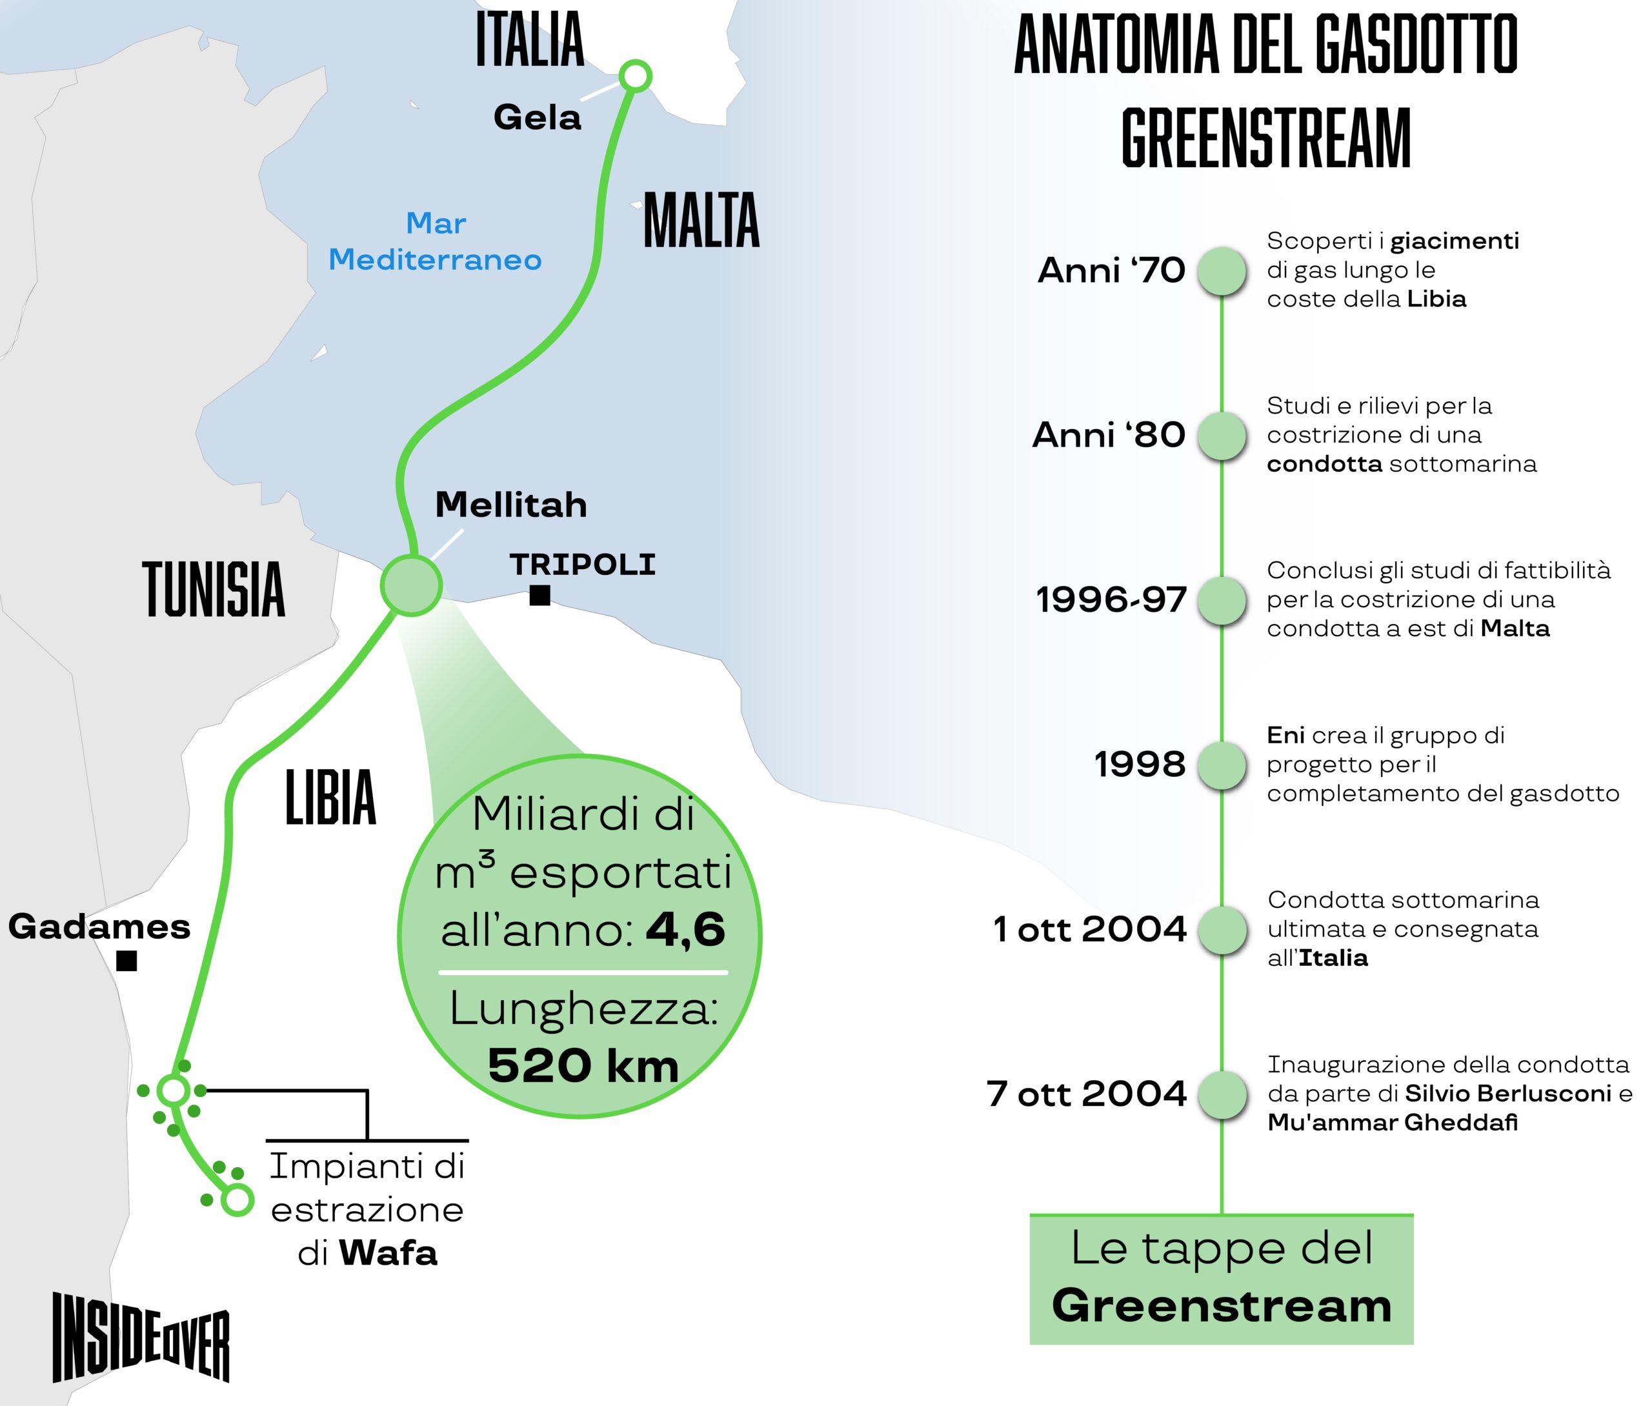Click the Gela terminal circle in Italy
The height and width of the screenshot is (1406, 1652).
coord(635,77)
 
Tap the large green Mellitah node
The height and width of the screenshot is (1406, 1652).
coord(410,586)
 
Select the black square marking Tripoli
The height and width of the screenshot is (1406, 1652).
coord(539,596)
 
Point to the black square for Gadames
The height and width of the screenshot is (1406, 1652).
coord(126,961)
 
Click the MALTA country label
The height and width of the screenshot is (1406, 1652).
coord(701,221)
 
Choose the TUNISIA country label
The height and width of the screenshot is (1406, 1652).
coord(214,589)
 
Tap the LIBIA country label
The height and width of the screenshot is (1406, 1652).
coord(330,797)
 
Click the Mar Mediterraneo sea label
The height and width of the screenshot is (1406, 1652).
coord(435,241)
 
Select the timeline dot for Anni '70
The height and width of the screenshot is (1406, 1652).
coord(1222,270)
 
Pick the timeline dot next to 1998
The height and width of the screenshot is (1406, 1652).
coord(1222,765)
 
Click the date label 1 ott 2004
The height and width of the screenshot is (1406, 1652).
coord(1089,929)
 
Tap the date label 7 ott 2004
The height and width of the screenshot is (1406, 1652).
coord(1086,1094)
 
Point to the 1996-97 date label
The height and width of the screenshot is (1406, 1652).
coord(1111,599)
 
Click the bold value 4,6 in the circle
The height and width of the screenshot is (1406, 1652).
coord(685,929)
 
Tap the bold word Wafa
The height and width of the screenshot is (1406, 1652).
coord(388,1254)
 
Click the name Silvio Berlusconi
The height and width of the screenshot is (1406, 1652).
coord(1507,1094)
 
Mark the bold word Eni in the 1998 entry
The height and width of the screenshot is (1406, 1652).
coord(1285,735)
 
